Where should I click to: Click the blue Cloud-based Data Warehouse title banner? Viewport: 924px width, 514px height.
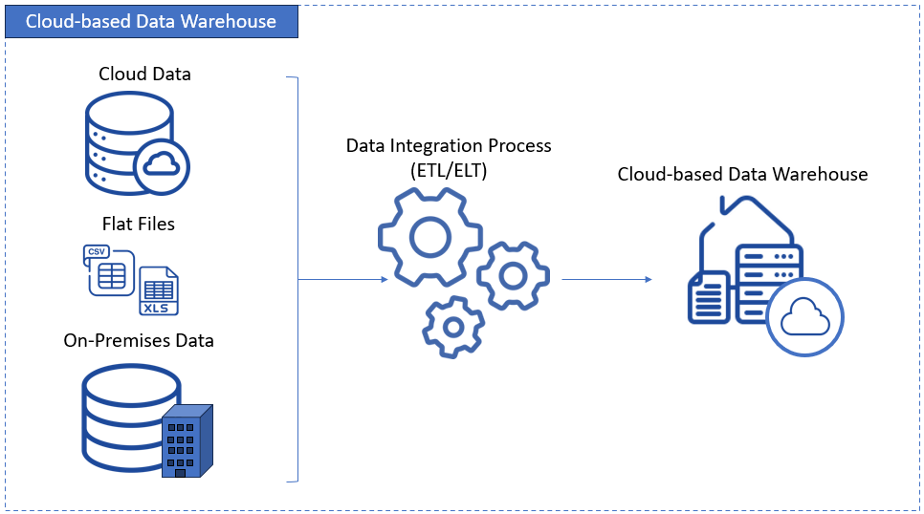151,21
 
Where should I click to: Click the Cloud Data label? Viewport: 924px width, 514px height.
144,74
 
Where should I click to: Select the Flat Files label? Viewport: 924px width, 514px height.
139,225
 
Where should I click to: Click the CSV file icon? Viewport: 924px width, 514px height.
108,270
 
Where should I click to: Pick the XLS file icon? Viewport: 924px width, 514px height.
159,291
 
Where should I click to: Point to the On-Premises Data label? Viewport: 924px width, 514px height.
139,340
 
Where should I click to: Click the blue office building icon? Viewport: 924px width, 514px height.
186,440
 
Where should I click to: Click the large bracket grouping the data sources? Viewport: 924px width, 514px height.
297,279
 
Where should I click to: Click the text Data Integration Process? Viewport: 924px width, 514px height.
449,146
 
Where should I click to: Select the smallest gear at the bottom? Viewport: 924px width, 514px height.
454,327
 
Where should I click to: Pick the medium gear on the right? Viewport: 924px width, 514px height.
513,276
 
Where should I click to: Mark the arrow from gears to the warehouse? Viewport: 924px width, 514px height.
606,279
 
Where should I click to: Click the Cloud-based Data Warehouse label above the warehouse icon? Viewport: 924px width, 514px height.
742,175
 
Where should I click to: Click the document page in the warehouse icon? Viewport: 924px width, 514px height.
709,297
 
